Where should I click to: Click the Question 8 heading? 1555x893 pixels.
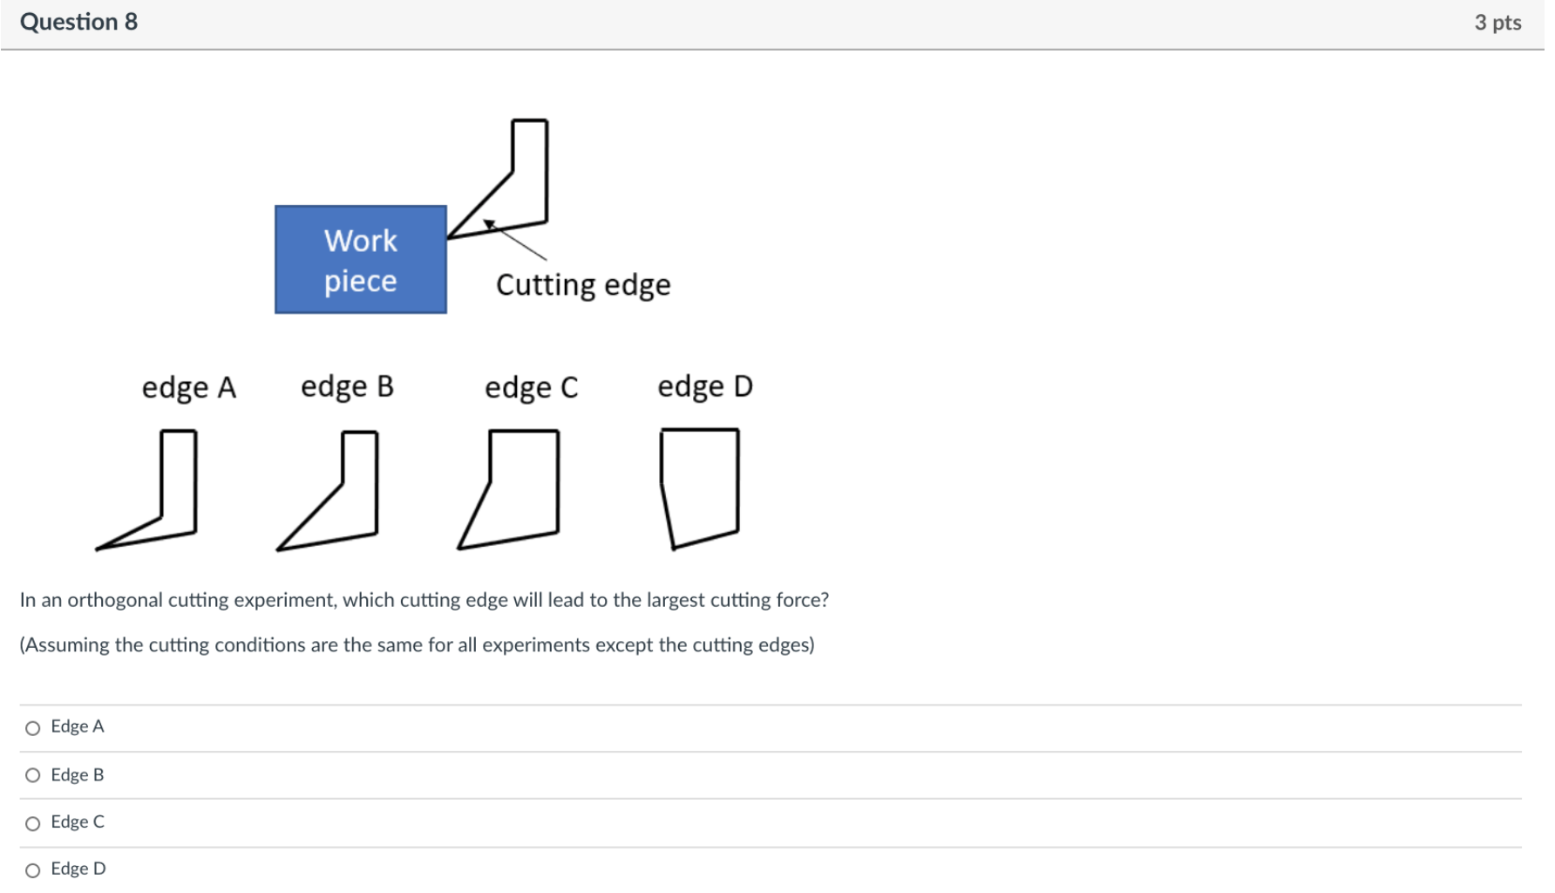coord(78,22)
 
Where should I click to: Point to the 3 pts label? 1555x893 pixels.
coord(1497,23)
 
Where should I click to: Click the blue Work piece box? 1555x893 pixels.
coord(360,260)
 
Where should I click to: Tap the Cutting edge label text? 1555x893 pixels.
coord(583,285)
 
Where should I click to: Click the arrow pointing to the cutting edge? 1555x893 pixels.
coord(516,241)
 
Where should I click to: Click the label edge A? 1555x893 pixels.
coord(188,387)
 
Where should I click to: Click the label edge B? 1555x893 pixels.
coord(347,386)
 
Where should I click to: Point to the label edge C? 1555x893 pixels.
coord(531,387)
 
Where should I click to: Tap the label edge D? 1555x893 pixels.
coord(704,386)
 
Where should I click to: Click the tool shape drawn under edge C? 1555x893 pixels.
coord(519,488)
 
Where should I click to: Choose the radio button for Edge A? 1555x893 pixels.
coord(33,728)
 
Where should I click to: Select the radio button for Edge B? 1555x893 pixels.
coord(33,775)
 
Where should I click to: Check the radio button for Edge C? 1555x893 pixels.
coord(33,823)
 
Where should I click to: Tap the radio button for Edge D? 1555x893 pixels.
coord(33,870)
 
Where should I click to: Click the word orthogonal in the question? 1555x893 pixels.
coord(116,600)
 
